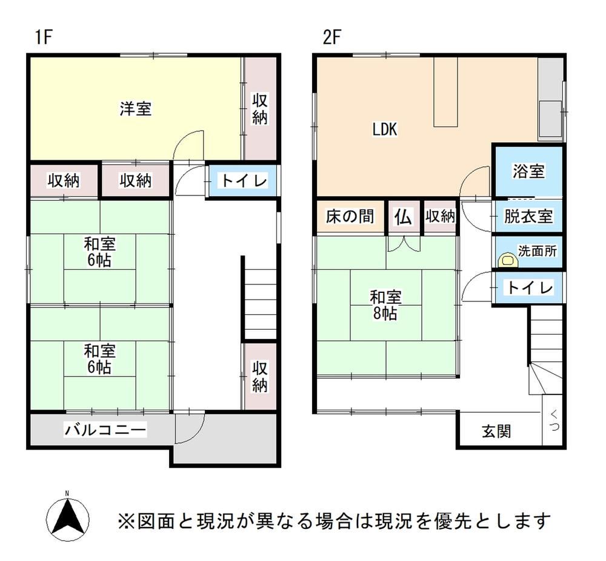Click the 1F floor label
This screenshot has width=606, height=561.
[x=44, y=38]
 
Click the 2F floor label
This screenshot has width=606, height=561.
[x=332, y=38]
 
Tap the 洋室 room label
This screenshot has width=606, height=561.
[x=135, y=108]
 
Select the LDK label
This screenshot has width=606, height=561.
[x=385, y=130]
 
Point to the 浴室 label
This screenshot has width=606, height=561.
[x=528, y=171]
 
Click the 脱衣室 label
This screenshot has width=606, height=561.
[x=528, y=216]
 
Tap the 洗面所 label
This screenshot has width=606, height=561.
[x=537, y=251]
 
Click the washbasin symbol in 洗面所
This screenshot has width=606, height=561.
[x=508, y=260]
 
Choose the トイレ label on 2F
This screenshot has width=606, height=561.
[x=530, y=287]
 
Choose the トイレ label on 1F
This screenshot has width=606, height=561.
[x=244, y=180]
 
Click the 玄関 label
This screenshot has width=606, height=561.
[x=496, y=431]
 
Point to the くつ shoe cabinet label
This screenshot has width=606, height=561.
[x=554, y=421]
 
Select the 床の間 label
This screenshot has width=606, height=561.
[x=350, y=216]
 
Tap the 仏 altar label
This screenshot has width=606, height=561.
[x=403, y=217]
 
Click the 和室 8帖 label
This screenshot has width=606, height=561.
[x=385, y=305]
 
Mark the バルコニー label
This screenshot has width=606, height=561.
[x=105, y=430]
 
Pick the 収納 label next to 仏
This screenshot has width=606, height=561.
[x=440, y=217]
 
